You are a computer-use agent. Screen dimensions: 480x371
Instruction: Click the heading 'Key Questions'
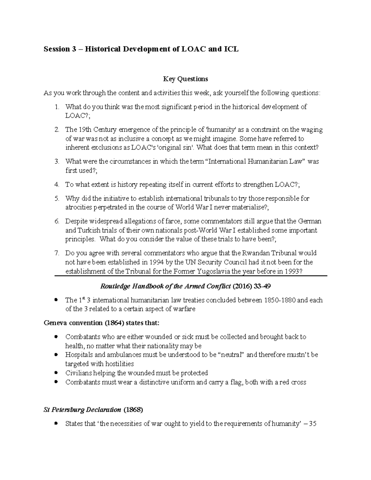[185, 79]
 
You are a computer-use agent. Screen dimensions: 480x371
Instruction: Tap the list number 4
[57, 185]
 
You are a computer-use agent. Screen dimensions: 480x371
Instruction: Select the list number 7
[57, 253]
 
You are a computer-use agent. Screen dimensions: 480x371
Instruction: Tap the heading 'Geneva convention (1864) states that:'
[102, 323]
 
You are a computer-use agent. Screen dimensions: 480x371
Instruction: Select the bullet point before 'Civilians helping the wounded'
[56, 373]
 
